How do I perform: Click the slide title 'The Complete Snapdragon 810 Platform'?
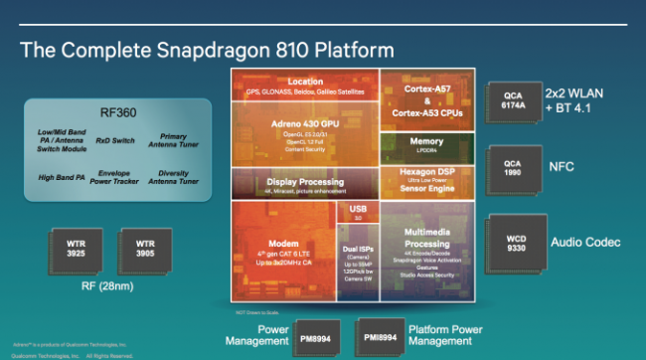pos(208,49)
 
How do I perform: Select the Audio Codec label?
pos(584,242)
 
